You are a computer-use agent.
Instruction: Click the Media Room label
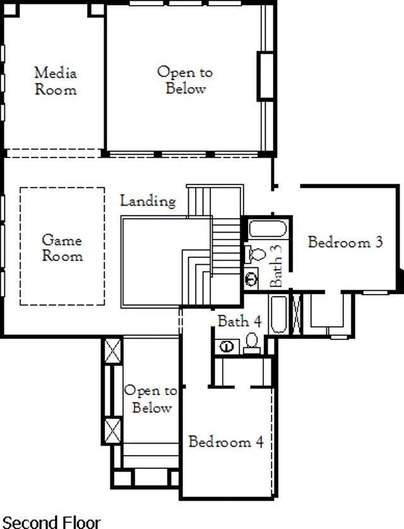pyautogui.click(x=56, y=82)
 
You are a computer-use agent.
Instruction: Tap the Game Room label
pyautogui.click(x=62, y=248)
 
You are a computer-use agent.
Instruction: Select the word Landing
pyautogui.click(x=148, y=201)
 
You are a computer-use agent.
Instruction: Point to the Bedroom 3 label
pyautogui.click(x=345, y=242)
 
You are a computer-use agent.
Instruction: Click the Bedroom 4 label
pyautogui.click(x=226, y=442)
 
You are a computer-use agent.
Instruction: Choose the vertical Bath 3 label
pyautogui.click(x=276, y=265)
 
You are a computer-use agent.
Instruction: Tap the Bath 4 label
pyautogui.click(x=240, y=321)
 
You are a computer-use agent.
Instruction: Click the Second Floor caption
pyautogui.click(x=51, y=522)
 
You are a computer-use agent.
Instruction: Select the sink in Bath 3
pyautogui.click(x=251, y=279)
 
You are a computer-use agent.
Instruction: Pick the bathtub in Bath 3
pyautogui.click(x=268, y=229)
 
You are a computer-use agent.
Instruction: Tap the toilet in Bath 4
pyautogui.click(x=252, y=343)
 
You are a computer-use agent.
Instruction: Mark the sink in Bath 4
pyautogui.click(x=227, y=346)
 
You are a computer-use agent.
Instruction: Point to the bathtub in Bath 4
pyautogui.click(x=279, y=315)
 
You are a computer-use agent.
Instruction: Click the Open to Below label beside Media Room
pyautogui.click(x=185, y=80)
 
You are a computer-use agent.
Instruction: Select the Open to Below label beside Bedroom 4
pyautogui.click(x=151, y=399)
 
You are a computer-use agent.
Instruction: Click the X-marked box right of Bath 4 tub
pyautogui.click(x=297, y=315)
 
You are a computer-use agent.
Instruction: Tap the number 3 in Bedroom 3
pyautogui.click(x=379, y=242)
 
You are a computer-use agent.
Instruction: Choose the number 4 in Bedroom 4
pyautogui.click(x=259, y=442)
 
